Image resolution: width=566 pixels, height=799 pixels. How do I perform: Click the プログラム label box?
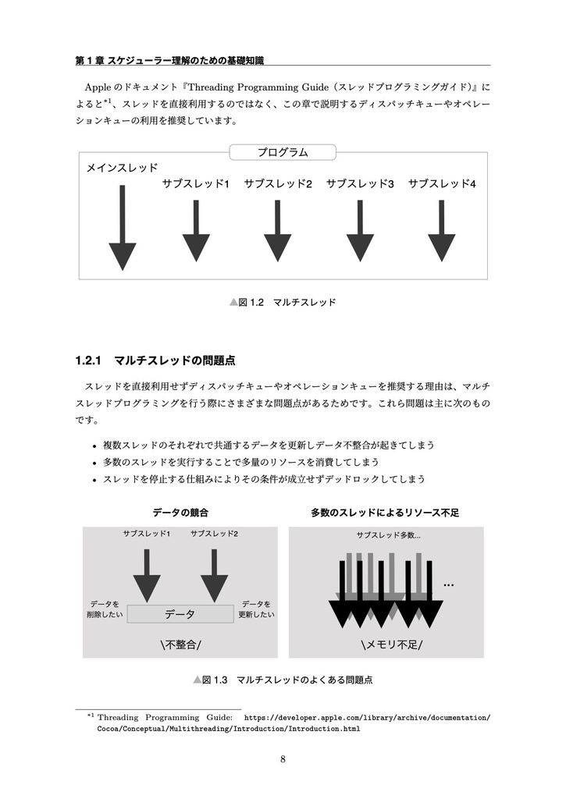pyautogui.click(x=283, y=152)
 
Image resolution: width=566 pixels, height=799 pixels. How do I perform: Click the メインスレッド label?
pyautogui.click(x=122, y=168)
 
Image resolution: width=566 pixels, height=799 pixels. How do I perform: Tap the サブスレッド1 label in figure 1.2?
pyautogui.click(x=195, y=184)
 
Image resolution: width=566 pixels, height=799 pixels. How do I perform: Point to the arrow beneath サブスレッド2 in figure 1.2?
pyautogui.click(x=277, y=230)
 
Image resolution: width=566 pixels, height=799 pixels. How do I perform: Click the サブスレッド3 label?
pyautogui.click(x=360, y=184)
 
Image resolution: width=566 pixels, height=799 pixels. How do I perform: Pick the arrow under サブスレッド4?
pyautogui.click(x=442, y=230)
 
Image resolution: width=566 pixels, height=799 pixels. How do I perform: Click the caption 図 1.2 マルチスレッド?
pyautogui.click(x=283, y=301)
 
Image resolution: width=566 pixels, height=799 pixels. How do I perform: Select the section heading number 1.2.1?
pyautogui.click(x=90, y=360)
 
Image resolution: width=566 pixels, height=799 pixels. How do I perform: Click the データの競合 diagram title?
pyautogui.click(x=180, y=513)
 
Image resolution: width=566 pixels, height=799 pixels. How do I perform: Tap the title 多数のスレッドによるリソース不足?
pyautogui.click(x=385, y=513)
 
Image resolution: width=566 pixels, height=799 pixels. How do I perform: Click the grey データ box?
pyautogui.click(x=180, y=614)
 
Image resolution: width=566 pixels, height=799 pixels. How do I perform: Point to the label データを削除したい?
pyautogui.click(x=104, y=609)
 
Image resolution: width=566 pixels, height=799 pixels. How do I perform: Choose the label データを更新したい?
pyautogui.click(x=256, y=609)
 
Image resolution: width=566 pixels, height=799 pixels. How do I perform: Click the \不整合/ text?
pyautogui.click(x=180, y=645)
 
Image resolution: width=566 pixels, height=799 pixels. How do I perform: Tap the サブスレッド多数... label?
pyautogui.click(x=388, y=535)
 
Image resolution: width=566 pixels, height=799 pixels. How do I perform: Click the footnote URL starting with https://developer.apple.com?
pyautogui.click(x=367, y=716)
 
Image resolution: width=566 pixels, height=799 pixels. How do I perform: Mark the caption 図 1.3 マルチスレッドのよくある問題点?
pyautogui.click(x=283, y=680)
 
